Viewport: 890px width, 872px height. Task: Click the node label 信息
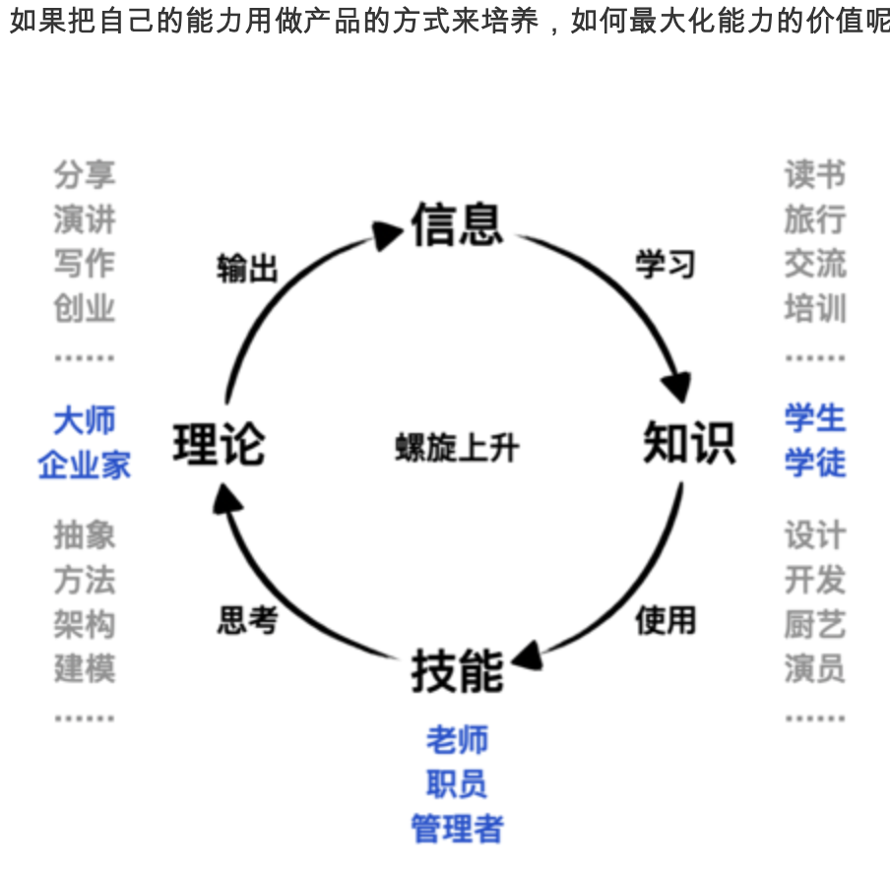coord(457,223)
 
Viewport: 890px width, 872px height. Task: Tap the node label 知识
coord(688,443)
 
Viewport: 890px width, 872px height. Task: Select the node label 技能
coord(457,671)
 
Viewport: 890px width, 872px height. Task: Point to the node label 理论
coord(219,443)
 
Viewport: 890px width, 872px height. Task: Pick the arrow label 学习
coord(666,264)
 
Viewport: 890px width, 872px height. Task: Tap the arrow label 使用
coord(666,620)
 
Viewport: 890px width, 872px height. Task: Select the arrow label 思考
coord(247,620)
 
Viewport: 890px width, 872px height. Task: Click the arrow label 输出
coord(247,268)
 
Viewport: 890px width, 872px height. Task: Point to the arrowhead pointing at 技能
coord(526,654)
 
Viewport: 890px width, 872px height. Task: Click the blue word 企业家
coord(85,465)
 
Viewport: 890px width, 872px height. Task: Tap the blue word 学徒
coord(815,463)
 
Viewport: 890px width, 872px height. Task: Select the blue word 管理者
coord(457,828)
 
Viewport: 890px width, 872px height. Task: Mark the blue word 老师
coord(457,739)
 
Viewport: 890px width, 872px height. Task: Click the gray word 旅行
coord(815,219)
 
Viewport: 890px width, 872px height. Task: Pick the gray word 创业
coord(85,308)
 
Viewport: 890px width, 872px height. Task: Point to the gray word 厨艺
coord(815,624)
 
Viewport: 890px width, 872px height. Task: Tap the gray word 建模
coord(85,668)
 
